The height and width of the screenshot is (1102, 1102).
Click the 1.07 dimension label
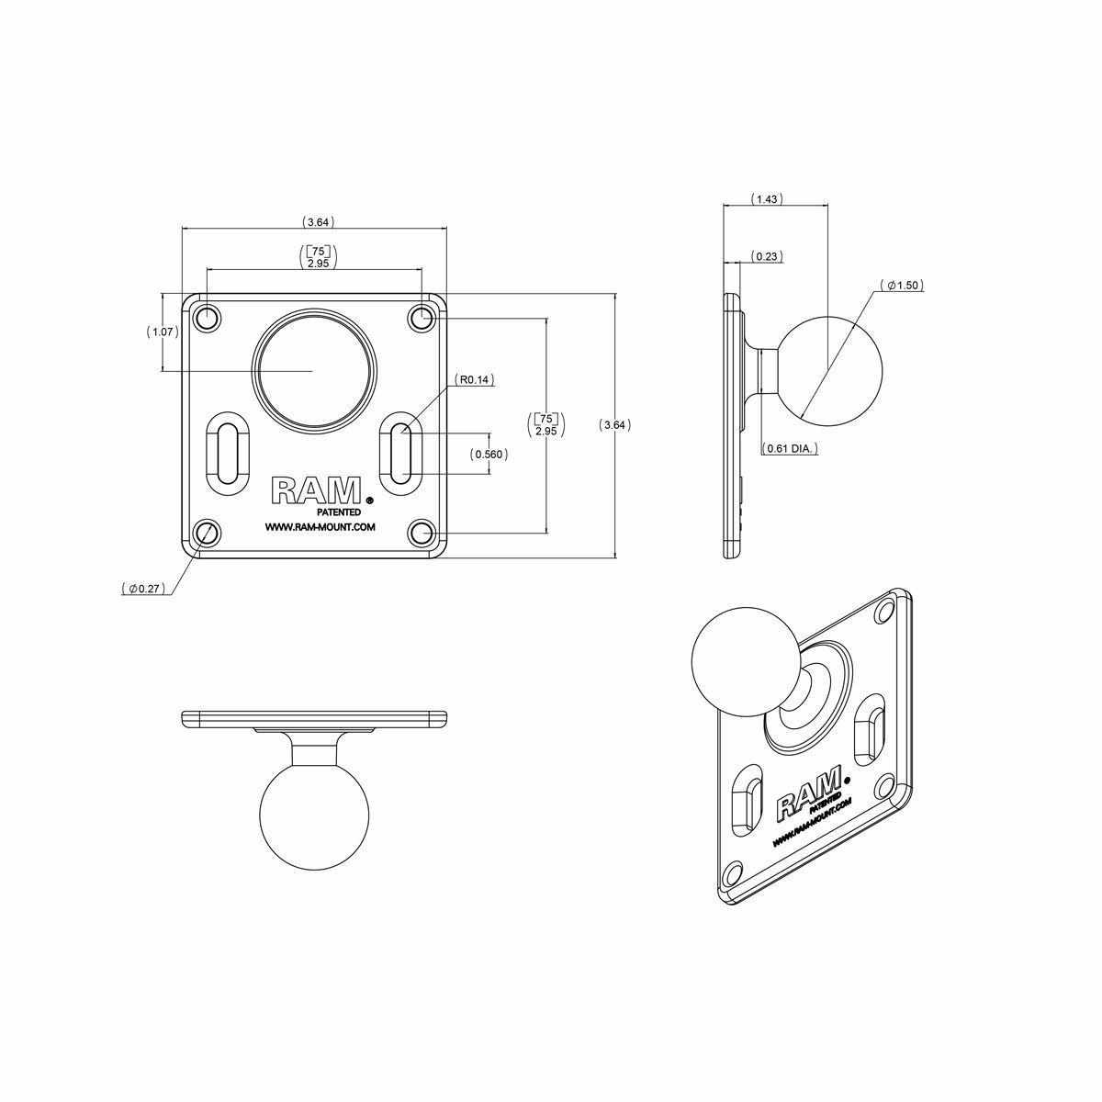[x=163, y=332]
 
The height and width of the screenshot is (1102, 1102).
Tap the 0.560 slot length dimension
[x=489, y=454]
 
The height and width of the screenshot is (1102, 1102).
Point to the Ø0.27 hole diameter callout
[x=146, y=589]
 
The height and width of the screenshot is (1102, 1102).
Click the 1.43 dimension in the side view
[x=767, y=198]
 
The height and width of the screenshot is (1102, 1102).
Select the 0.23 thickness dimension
[x=767, y=256]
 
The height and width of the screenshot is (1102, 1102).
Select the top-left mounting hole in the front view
[x=208, y=319]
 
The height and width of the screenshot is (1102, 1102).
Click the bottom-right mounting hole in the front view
[x=422, y=532]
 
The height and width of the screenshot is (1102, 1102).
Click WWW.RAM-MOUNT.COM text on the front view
[x=319, y=527]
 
